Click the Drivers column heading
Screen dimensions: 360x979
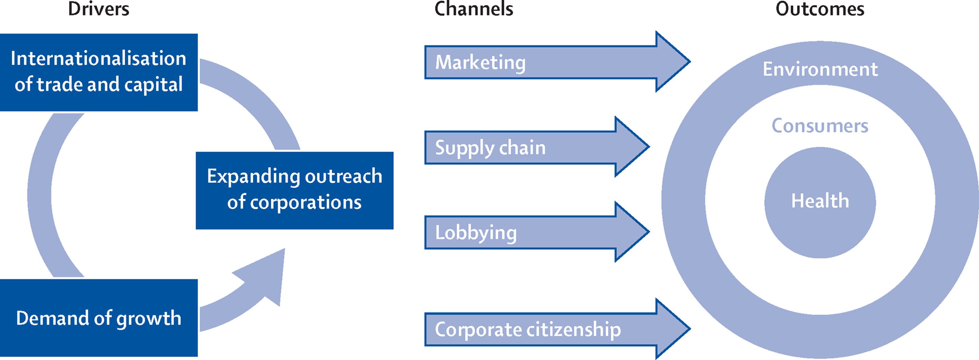click(98, 9)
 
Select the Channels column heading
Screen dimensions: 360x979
click(474, 9)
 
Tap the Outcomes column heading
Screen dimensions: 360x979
click(820, 9)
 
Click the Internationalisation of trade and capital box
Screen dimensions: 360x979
click(98, 72)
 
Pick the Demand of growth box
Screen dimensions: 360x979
click(98, 318)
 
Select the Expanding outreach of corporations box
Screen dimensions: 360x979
click(294, 190)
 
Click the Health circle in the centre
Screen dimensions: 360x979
click(820, 201)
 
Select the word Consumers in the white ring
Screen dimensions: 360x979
click(820, 126)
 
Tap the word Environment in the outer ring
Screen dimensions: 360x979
click(820, 69)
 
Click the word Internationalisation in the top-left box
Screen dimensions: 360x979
click(98, 59)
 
